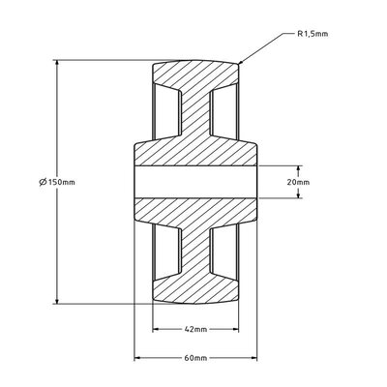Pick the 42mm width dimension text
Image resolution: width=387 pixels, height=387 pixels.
(194, 330)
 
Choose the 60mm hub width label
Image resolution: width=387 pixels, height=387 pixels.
(194, 358)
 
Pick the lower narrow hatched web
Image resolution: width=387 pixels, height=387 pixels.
(194, 247)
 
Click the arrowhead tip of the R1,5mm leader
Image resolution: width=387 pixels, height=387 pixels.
(239, 64)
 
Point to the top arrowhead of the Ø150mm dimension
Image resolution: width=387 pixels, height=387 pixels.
(59, 63)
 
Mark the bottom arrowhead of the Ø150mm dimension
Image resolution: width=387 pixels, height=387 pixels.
(59, 302)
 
